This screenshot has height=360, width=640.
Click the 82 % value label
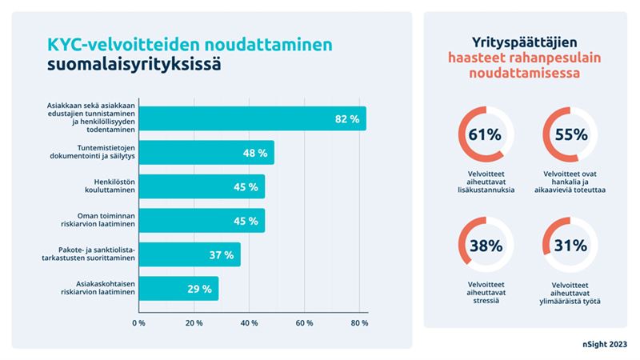[346, 119]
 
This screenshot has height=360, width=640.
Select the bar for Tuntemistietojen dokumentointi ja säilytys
[206, 153]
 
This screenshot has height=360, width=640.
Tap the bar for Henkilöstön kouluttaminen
[201, 186]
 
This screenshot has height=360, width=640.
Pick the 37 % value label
[222, 254]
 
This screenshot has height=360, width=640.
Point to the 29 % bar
[178, 289]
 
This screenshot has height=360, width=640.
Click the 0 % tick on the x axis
[138, 323]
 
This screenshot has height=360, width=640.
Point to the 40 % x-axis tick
[249, 323]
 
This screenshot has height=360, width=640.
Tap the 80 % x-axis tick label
[359, 323]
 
